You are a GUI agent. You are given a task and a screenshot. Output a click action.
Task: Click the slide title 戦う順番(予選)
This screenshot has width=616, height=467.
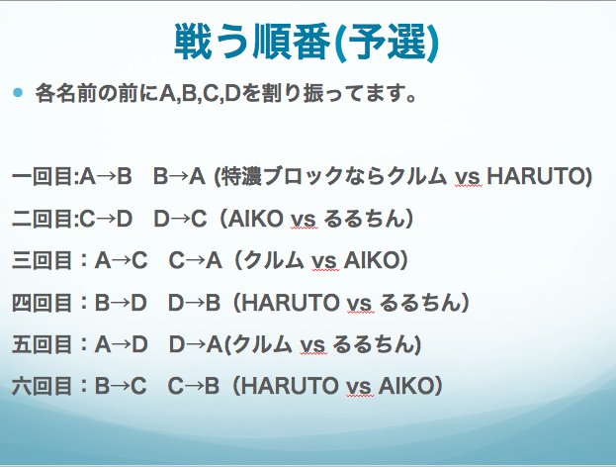coord(307,43)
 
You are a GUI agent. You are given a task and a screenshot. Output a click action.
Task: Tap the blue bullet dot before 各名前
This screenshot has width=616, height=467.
coord(18,93)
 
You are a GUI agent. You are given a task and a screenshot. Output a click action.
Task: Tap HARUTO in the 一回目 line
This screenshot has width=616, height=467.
coord(536,176)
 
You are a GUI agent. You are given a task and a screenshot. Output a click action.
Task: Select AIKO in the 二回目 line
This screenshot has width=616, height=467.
coord(256,219)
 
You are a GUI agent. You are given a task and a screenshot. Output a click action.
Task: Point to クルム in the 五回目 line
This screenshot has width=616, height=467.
coord(262,344)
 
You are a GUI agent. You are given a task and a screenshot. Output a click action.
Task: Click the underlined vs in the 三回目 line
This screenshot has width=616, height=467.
coord(325,262)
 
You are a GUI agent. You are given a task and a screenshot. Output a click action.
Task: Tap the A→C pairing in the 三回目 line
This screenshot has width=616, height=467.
coord(121,260)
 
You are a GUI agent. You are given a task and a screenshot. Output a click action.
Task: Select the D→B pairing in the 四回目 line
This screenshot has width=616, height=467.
coord(194,303)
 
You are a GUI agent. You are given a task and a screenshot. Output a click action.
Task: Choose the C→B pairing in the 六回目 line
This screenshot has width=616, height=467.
coord(193,386)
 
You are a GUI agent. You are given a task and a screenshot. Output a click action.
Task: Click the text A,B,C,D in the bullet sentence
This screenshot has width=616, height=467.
coord(200,94)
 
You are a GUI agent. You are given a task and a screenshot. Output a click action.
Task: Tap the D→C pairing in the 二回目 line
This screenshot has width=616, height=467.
coord(180,219)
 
